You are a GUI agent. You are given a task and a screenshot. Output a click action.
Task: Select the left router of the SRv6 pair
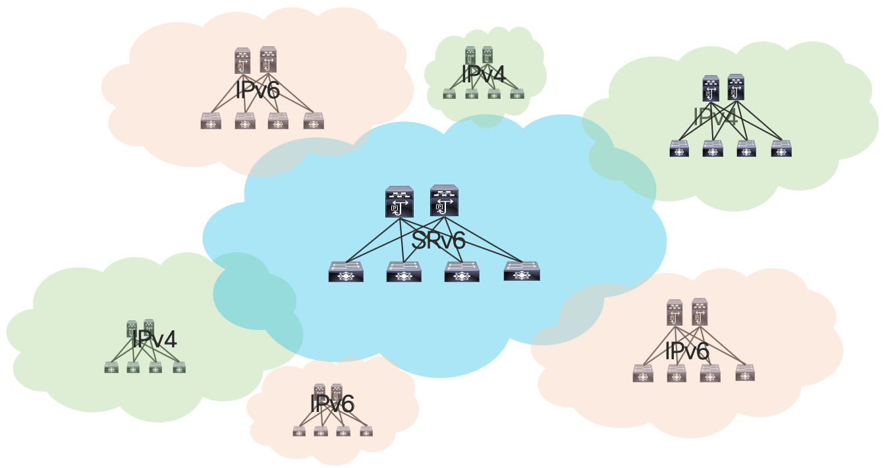click(x=399, y=202)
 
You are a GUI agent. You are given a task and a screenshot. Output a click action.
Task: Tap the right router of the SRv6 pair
click(x=444, y=201)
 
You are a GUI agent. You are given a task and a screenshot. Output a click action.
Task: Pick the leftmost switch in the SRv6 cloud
click(x=346, y=272)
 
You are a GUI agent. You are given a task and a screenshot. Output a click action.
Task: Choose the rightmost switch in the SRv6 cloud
click(x=522, y=272)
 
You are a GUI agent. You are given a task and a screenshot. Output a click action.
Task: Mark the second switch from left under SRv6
click(x=404, y=272)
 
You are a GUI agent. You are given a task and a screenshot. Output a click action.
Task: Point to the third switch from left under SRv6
click(x=462, y=272)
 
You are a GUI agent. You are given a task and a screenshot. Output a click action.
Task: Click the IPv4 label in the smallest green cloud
click(x=483, y=74)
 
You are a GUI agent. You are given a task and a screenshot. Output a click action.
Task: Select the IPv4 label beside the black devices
click(x=715, y=118)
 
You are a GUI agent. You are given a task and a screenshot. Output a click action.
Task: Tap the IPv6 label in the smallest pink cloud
click(x=332, y=403)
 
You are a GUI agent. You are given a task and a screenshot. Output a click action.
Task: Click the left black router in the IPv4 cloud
click(x=711, y=88)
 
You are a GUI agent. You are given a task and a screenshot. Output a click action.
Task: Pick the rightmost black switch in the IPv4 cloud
click(x=781, y=149)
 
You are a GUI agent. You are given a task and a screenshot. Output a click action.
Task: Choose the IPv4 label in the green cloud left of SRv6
click(x=154, y=339)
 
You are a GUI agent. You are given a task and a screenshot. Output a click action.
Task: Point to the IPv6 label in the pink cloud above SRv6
click(x=258, y=90)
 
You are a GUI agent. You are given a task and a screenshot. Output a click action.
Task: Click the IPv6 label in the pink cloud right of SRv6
click(x=687, y=351)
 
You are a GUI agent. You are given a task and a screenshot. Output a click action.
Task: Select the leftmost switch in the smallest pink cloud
click(x=299, y=431)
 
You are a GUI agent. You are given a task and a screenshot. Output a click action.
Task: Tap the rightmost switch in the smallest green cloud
click(x=517, y=94)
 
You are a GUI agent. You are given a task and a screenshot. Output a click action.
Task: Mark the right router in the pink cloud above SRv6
click(x=268, y=60)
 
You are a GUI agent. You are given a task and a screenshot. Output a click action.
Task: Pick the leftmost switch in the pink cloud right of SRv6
click(x=643, y=374)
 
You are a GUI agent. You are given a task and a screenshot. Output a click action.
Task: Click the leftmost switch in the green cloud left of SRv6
click(x=111, y=367)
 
